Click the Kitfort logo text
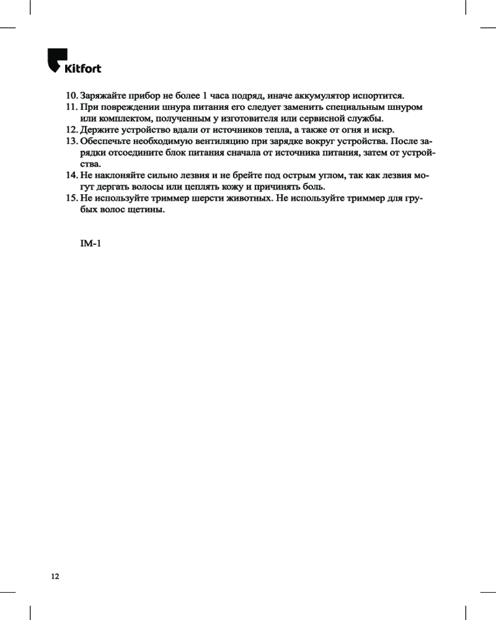(83, 68)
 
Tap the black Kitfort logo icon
(56, 60)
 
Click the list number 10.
(71, 96)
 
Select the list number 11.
(71, 107)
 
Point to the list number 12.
(71, 130)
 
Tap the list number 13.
(71, 141)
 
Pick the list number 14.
(71, 175)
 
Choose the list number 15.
(71, 198)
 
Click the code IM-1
(91, 243)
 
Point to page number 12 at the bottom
(55, 577)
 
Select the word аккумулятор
(319, 96)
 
